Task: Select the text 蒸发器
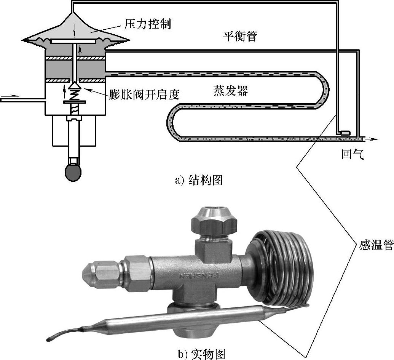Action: [x=230, y=91]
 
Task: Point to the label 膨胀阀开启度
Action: [x=144, y=94]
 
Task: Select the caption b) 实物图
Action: [x=202, y=353]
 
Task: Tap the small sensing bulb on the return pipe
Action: [x=345, y=133]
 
